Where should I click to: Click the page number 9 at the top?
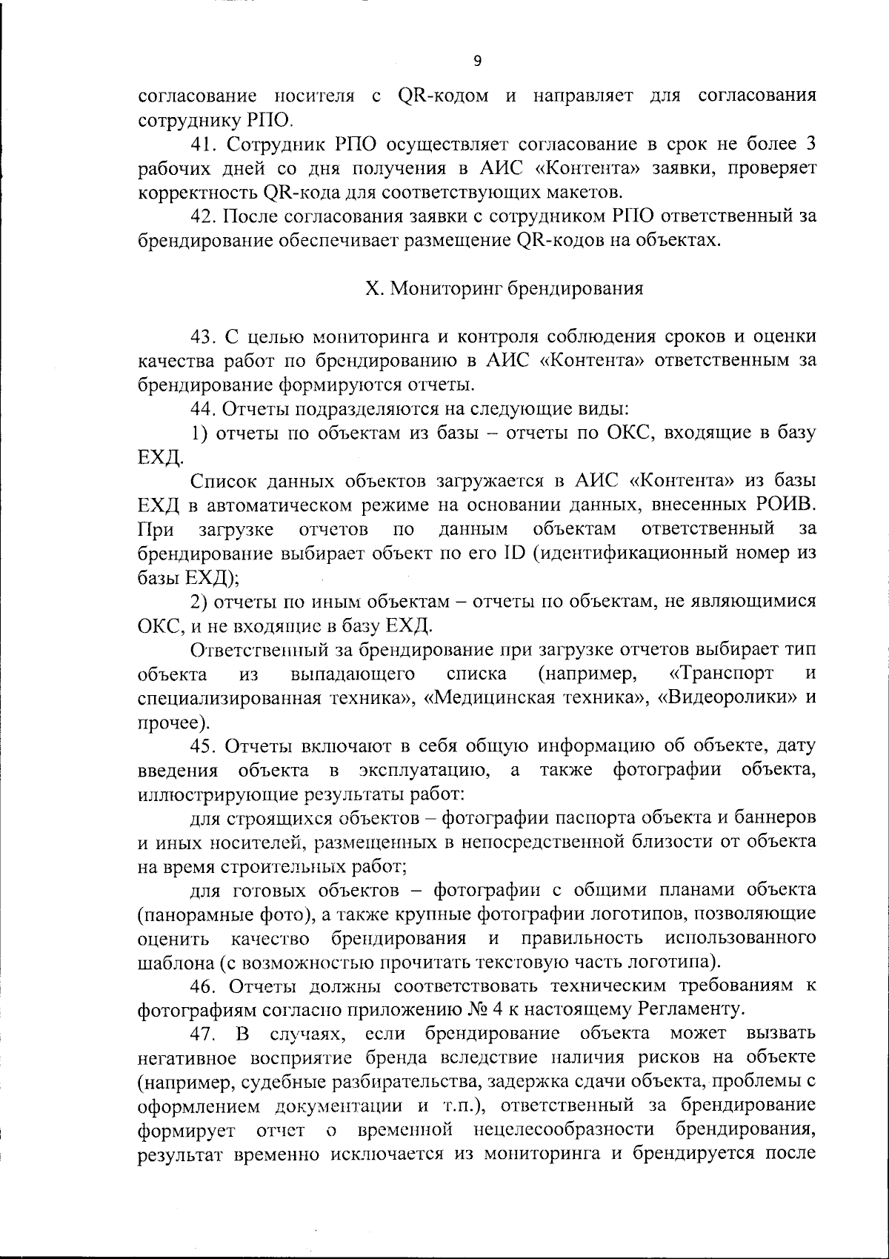[x=477, y=62]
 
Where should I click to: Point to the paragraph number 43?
[x=202, y=337]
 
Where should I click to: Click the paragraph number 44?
[x=202, y=409]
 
